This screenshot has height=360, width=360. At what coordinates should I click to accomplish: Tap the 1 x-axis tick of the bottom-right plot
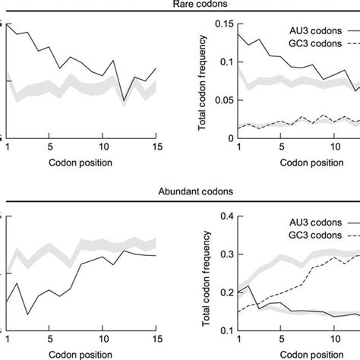click(238, 341)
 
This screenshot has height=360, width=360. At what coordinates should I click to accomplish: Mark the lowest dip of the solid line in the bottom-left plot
click(27, 314)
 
